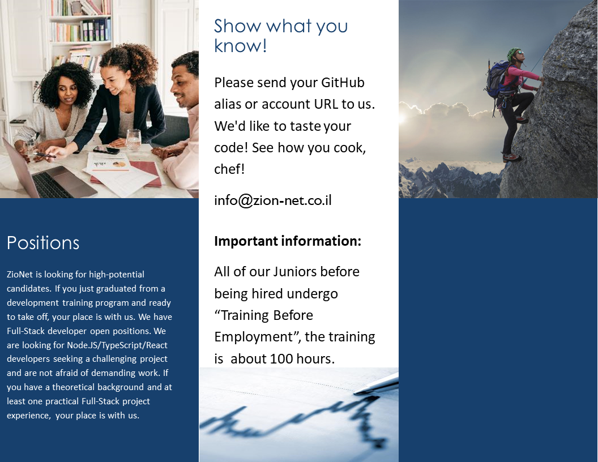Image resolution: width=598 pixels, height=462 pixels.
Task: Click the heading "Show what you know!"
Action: click(x=281, y=36)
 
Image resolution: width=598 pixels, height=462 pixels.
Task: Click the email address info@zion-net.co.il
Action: click(x=273, y=200)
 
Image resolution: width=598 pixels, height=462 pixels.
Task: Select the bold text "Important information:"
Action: click(x=288, y=241)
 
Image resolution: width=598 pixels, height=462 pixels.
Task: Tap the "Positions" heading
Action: click(x=43, y=243)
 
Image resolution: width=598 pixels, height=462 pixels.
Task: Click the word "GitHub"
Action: click(x=343, y=82)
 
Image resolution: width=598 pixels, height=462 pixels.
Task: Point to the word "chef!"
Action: click(x=229, y=169)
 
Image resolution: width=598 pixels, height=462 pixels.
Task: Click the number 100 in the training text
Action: click(x=281, y=359)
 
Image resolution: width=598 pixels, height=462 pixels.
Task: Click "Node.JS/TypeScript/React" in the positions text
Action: click(x=117, y=345)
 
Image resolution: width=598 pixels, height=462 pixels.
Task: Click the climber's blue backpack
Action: click(x=496, y=79)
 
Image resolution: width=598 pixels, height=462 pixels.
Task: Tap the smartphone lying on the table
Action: click(x=107, y=149)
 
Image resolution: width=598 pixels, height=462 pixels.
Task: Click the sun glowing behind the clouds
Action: click(x=403, y=118)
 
